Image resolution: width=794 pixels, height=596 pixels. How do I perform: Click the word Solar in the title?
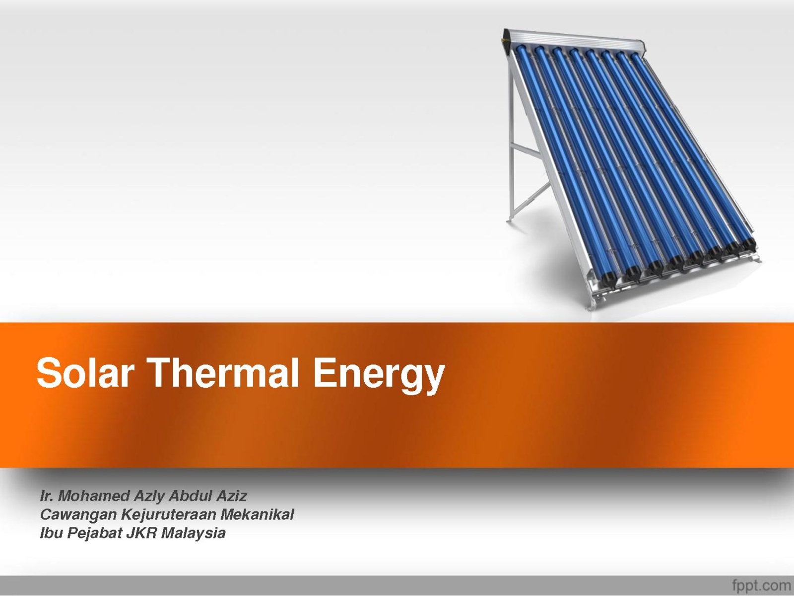(x=85, y=372)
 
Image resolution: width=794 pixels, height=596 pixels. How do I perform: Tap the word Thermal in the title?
(x=222, y=372)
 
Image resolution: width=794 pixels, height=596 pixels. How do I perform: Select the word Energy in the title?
(x=379, y=376)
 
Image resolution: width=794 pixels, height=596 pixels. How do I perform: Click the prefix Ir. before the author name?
(x=47, y=496)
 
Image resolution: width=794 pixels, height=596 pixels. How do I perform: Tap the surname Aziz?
(x=232, y=496)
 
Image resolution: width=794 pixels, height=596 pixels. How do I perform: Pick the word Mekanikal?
(x=257, y=514)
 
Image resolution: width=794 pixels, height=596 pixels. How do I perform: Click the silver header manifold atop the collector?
(x=573, y=42)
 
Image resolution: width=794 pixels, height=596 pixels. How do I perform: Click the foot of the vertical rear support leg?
(x=510, y=219)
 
